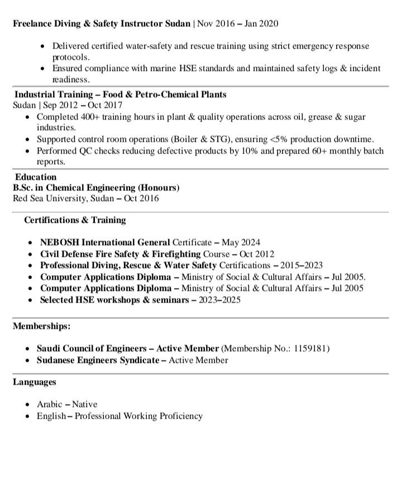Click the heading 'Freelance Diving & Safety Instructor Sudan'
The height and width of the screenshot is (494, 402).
coord(102,23)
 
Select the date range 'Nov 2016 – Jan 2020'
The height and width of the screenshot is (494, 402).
coord(237,23)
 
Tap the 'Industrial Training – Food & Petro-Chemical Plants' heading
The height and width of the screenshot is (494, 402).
coord(120,94)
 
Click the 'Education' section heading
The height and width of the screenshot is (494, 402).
coord(36,177)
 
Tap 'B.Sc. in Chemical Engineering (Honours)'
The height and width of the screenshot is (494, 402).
coord(96,188)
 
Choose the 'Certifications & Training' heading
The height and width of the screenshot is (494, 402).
coord(75,220)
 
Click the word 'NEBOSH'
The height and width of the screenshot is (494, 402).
coord(59,242)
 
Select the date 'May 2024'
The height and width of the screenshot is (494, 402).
coord(241,242)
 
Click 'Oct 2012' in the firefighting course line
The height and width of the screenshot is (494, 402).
coord(257,254)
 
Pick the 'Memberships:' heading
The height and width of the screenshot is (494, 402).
coord(42,325)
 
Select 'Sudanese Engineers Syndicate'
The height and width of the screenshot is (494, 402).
coord(98,360)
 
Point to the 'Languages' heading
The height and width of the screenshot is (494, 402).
coord(35,382)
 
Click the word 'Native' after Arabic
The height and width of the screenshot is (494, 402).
coord(84,404)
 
